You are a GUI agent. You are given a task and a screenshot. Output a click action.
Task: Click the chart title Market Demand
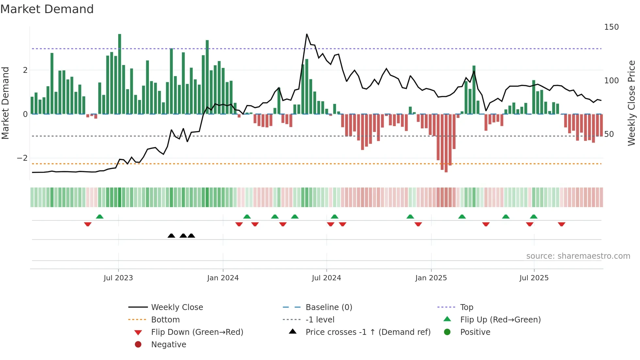47,9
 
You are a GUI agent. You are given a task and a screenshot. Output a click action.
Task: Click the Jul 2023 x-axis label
118,278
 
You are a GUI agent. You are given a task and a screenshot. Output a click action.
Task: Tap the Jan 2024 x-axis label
223,278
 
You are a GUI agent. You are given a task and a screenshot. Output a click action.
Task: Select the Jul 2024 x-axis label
327,278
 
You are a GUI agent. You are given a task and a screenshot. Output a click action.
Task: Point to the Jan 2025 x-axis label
431,278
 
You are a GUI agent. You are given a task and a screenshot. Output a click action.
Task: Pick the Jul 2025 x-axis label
534,278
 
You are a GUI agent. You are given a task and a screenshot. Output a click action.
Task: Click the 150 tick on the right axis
611,27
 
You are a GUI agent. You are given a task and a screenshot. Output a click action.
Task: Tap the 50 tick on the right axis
609,134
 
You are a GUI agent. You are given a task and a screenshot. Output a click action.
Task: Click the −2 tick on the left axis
23,158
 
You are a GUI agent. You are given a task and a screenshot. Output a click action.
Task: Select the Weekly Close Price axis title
632,103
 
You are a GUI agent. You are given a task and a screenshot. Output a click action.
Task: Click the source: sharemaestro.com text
578,256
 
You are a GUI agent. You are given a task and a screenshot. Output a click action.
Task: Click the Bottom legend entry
165,320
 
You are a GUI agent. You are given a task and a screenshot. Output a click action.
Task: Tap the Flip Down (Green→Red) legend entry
197,332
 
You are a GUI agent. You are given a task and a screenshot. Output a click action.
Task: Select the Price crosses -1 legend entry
368,332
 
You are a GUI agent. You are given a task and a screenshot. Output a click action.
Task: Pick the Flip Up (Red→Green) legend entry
500,320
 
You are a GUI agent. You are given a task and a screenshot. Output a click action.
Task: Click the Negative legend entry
168,345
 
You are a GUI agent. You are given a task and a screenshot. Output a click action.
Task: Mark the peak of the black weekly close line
307,34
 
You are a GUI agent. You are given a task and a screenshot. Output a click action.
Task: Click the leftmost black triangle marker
171,236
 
